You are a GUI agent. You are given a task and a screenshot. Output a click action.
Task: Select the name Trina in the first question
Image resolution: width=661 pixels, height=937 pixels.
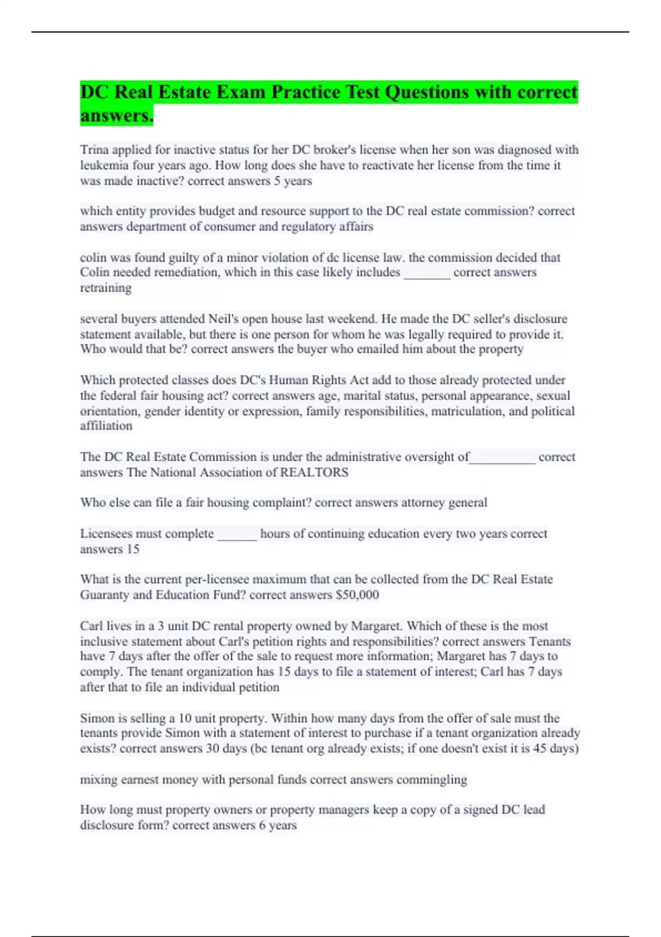pyautogui.click(x=94, y=150)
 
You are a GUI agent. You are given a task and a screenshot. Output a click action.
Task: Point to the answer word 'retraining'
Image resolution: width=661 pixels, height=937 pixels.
pyautogui.click(x=106, y=288)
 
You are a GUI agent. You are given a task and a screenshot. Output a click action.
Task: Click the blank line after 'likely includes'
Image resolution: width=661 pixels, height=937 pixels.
pyautogui.click(x=427, y=273)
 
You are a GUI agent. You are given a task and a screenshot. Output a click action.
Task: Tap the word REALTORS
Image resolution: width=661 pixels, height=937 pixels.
pyautogui.click(x=314, y=472)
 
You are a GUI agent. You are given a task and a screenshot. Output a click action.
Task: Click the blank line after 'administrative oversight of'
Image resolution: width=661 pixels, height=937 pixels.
pyautogui.click(x=502, y=457)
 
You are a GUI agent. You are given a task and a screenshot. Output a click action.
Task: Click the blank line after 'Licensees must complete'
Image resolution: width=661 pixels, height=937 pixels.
pyautogui.click(x=237, y=534)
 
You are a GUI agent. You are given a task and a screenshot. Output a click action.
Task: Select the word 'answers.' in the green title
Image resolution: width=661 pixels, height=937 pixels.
pyautogui.click(x=116, y=116)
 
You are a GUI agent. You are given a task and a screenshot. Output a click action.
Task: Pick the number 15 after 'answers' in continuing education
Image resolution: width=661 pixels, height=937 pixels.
pyautogui.click(x=133, y=549)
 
